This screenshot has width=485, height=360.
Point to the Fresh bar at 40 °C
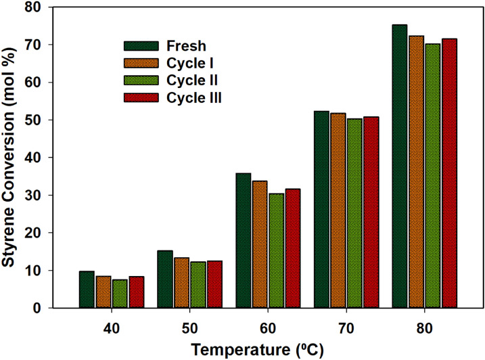(87, 290)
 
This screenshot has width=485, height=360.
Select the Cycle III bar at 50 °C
(214, 284)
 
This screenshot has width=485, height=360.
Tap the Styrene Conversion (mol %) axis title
(11, 158)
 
